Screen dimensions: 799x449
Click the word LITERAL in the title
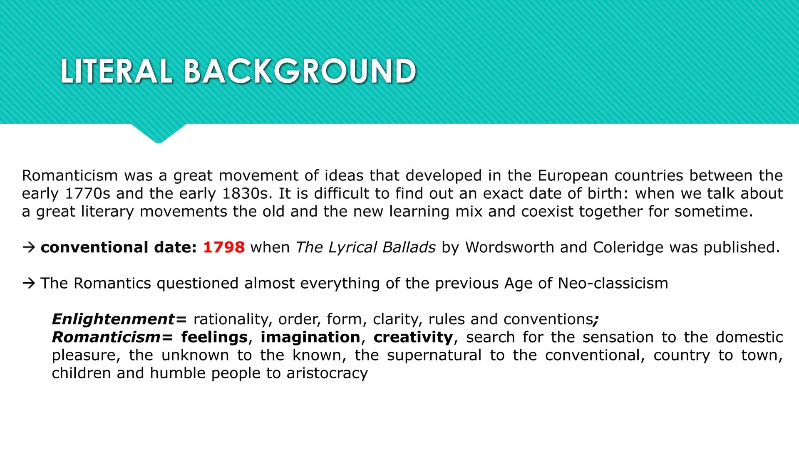[116, 71]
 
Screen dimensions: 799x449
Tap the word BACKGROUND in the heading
[300, 71]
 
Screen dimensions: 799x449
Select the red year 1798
[224, 247]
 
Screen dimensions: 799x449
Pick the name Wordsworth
[510, 247]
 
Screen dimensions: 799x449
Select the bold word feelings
[214, 337]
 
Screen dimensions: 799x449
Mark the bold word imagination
[310, 337]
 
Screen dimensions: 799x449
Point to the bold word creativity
[413, 337]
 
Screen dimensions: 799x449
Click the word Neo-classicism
[613, 284]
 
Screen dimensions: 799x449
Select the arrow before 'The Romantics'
[29, 284]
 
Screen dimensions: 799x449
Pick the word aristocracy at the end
[327, 373]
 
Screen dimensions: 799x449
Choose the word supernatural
[434, 355]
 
